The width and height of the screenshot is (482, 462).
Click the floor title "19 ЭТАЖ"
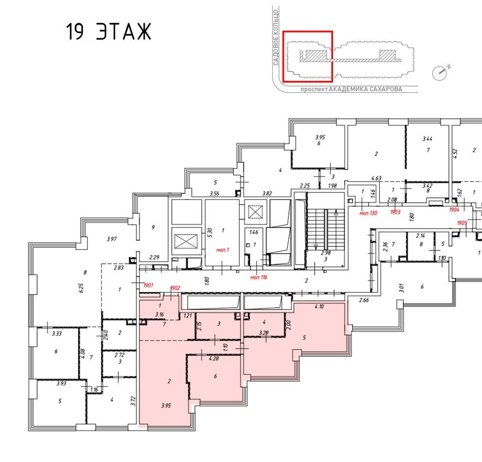pos(109,33)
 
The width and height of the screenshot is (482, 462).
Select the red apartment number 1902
pos(176,289)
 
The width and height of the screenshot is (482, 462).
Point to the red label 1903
pos(396,212)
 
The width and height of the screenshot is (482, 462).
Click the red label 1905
pos(462,223)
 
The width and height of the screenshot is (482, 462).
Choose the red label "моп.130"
pos(369,214)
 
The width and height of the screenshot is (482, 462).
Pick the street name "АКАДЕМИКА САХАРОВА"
pos(366,89)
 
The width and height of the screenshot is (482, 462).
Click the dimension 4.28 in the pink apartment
pos(213,359)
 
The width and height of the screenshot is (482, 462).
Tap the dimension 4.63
pos(376,179)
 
